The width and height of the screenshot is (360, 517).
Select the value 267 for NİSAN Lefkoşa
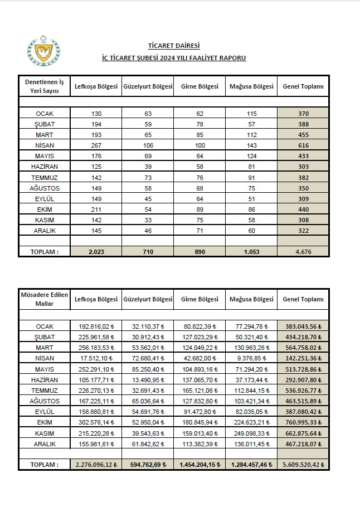(96, 145)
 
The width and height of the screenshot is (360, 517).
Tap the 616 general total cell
(303, 145)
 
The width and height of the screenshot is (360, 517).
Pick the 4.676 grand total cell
(303, 252)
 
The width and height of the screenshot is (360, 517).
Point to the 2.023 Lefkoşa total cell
(96, 252)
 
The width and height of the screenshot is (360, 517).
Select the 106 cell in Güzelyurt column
(148, 145)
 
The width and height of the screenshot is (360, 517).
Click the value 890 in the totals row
(200, 252)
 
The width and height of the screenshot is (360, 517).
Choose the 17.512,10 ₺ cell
(96, 358)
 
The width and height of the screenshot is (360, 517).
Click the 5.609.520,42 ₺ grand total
(303, 464)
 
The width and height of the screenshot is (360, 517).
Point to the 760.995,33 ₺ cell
(303, 422)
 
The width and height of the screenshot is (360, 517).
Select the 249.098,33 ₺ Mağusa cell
(251, 433)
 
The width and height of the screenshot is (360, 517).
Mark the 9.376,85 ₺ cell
(251, 358)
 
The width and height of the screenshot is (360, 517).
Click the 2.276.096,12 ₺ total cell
(96, 464)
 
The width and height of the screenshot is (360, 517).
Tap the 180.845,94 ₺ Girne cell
(200, 422)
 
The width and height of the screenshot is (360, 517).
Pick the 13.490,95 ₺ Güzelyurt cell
(148, 379)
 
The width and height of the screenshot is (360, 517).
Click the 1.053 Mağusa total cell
(251, 252)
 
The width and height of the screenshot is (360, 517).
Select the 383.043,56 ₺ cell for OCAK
(303, 326)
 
